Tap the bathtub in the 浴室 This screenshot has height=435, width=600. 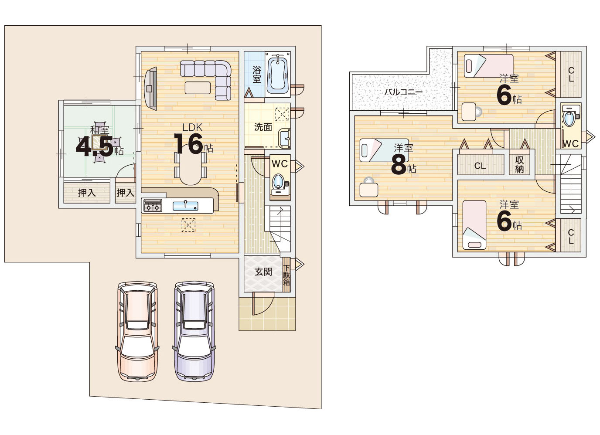tap(278, 74)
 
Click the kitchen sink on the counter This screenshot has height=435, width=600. tap(185, 206)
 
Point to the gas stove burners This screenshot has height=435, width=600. tap(153, 206)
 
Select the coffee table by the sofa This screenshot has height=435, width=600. tap(198, 88)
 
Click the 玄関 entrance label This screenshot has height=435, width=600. tap(263, 272)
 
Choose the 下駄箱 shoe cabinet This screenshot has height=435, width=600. tap(286, 275)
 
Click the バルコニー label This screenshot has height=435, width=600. tap(403, 92)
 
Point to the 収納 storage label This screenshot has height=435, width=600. tap(519, 165)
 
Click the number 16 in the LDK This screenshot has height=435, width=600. tap(189, 143)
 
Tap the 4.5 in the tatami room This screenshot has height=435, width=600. tap(94, 146)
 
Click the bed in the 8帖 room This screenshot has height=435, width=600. tap(384, 150)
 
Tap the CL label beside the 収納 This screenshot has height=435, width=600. tap(480, 166)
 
